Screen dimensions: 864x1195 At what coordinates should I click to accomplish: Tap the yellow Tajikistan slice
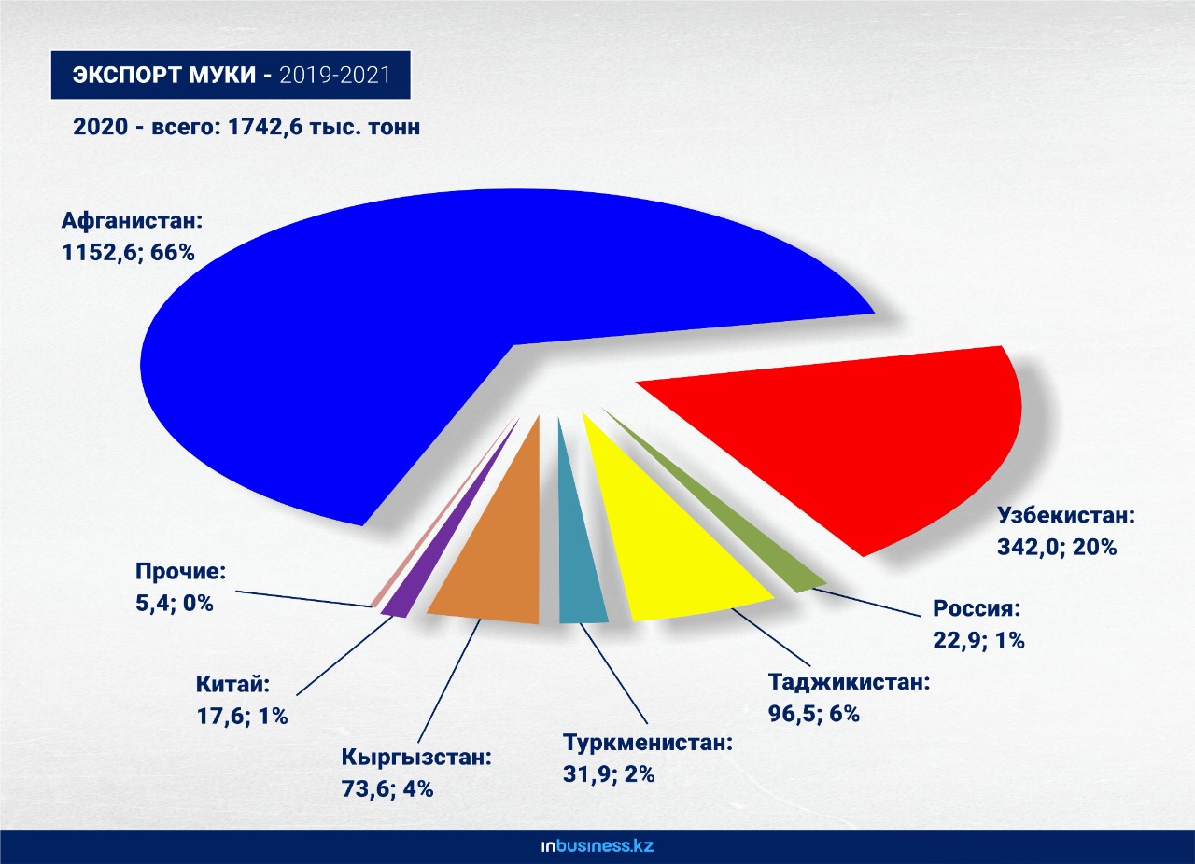(672, 541)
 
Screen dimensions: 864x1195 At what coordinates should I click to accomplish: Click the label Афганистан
(132, 222)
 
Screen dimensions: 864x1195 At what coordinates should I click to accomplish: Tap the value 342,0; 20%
(1057, 547)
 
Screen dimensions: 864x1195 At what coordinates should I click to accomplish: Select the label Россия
(977, 609)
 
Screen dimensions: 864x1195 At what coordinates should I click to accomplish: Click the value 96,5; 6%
(812, 714)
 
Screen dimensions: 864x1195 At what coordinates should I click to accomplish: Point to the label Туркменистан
(648, 744)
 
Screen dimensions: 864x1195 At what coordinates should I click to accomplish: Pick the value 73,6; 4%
(387, 788)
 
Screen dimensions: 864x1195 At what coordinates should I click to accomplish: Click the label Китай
(232, 685)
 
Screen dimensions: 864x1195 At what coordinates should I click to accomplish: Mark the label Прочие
(180, 572)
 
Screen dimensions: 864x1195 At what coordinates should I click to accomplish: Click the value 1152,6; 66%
(128, 252)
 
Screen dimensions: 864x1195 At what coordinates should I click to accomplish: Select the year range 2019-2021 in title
(333, 76)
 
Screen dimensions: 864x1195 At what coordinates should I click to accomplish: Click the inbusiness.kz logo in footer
(597, 846)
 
